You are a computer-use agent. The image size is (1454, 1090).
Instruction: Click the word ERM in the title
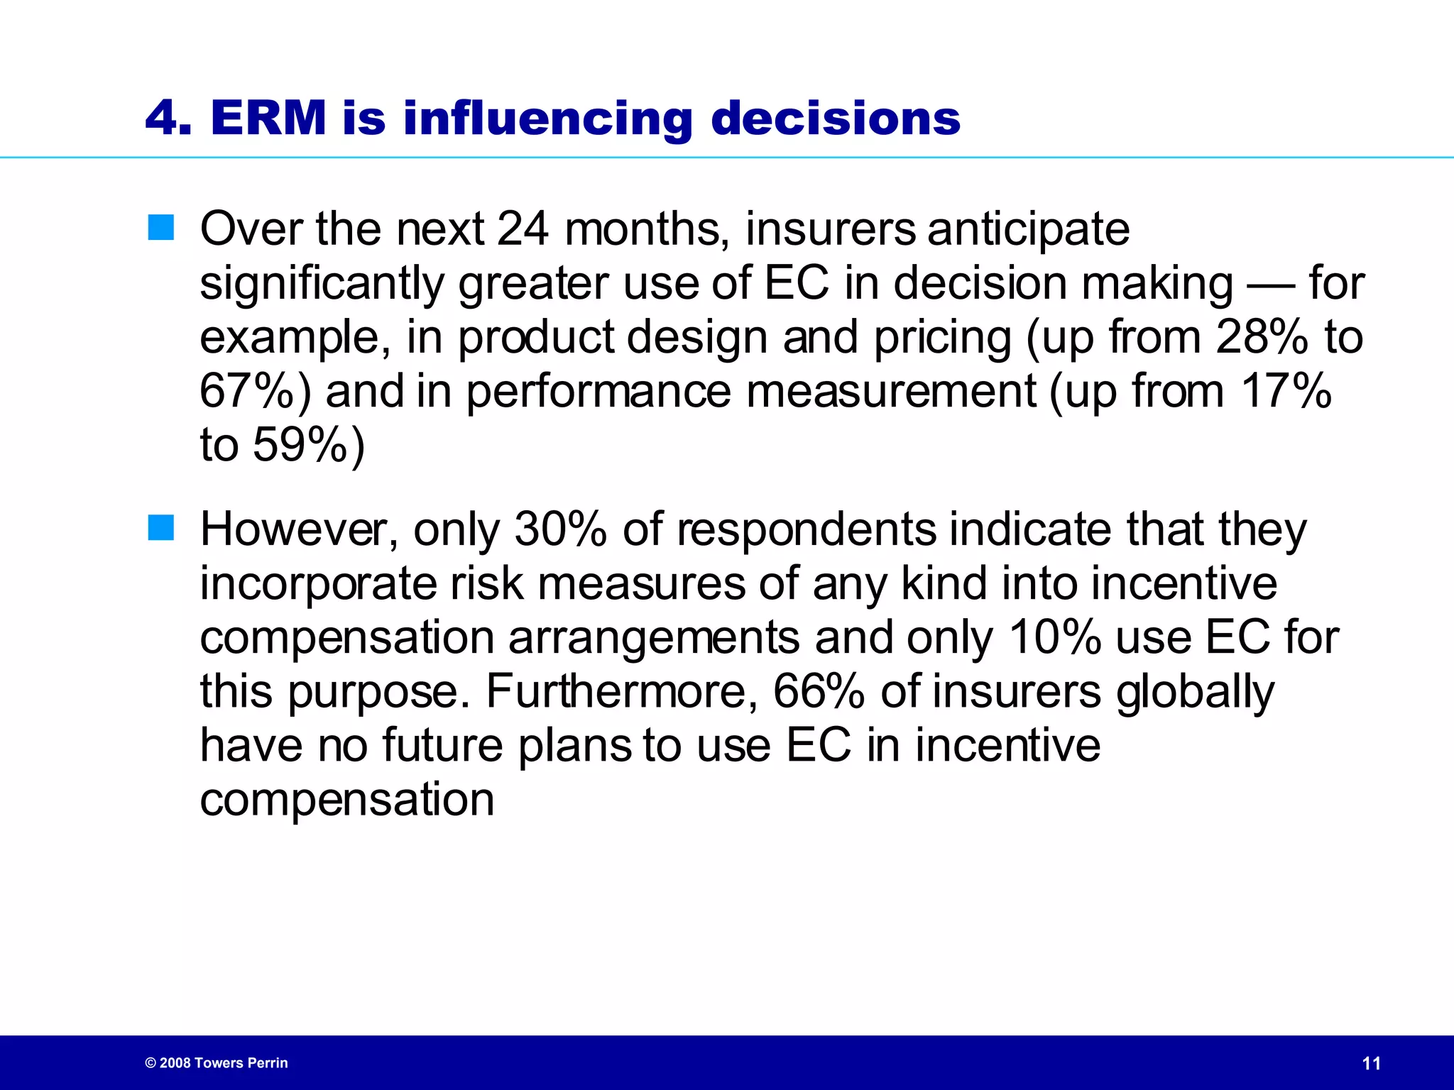tap(268, 118)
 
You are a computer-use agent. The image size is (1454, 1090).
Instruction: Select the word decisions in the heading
tap(836, 118)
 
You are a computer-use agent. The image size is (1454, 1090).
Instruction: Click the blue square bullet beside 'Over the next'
tap(161, 228)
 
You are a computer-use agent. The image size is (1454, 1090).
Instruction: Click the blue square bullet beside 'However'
tap(161, 528)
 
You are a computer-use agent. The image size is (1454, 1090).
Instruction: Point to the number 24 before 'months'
tap(523, 229)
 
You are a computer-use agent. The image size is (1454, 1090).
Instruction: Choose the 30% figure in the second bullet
tap(560, 529)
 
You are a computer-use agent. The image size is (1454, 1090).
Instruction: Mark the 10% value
tap(1054, 637)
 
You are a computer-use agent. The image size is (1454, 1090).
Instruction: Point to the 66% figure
tap(818, 691)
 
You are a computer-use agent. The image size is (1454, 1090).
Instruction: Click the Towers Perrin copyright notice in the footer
tap(217, 1063)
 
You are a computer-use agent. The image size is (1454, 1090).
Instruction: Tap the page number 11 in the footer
tap(1372, 1063)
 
